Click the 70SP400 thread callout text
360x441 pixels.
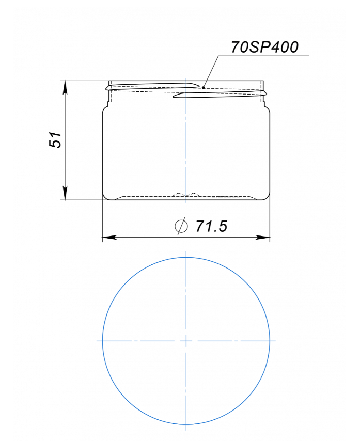tap(264, 47)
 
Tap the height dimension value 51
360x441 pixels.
tap(55, 139)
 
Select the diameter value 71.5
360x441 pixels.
tap(211, 226)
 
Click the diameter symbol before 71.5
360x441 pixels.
tap(181, 226)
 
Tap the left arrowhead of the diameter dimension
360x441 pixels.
tap(109, 238)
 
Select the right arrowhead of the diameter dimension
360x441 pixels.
tap(263, 238)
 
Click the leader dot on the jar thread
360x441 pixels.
tap(204, 88)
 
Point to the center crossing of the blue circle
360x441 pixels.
tap(186, 341)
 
